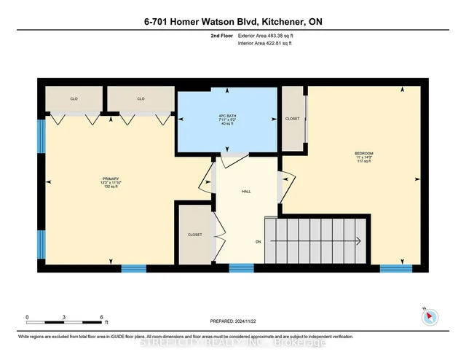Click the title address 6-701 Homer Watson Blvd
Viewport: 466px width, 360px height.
coord(232,23)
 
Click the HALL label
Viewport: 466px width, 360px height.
coord(247,192)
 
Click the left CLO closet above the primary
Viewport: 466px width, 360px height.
coord(74,98)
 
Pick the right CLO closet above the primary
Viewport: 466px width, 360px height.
coord(141,98)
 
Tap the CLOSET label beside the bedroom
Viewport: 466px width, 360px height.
coord(293,117)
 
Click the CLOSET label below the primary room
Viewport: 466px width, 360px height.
coord(194,235)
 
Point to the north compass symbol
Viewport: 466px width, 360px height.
coord(430,317)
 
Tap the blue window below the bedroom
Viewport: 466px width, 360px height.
coord(395,268)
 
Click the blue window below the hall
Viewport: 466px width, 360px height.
coord(241,268)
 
